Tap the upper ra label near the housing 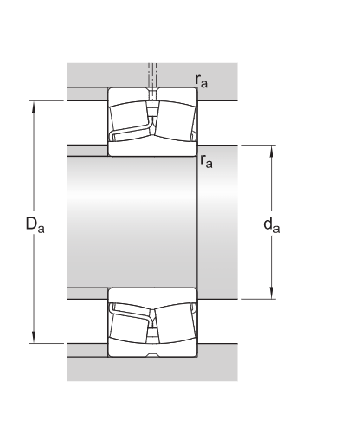tap(201, 81)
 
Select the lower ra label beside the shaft tap(206, 161)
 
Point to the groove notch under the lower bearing tap(152, 355)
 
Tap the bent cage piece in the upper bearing tap(130, 134)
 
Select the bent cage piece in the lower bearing tap(130, 309)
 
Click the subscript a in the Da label tap(40, 229)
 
